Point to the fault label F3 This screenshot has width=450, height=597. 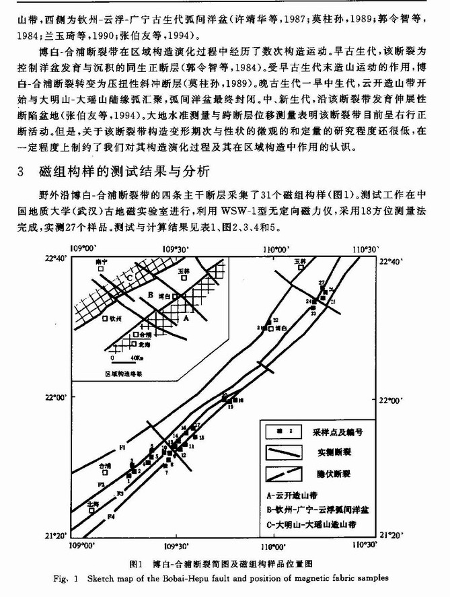pyautogui.click(x=120, y=495)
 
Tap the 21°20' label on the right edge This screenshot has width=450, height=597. pyautogui.click(x=392, y=535)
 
